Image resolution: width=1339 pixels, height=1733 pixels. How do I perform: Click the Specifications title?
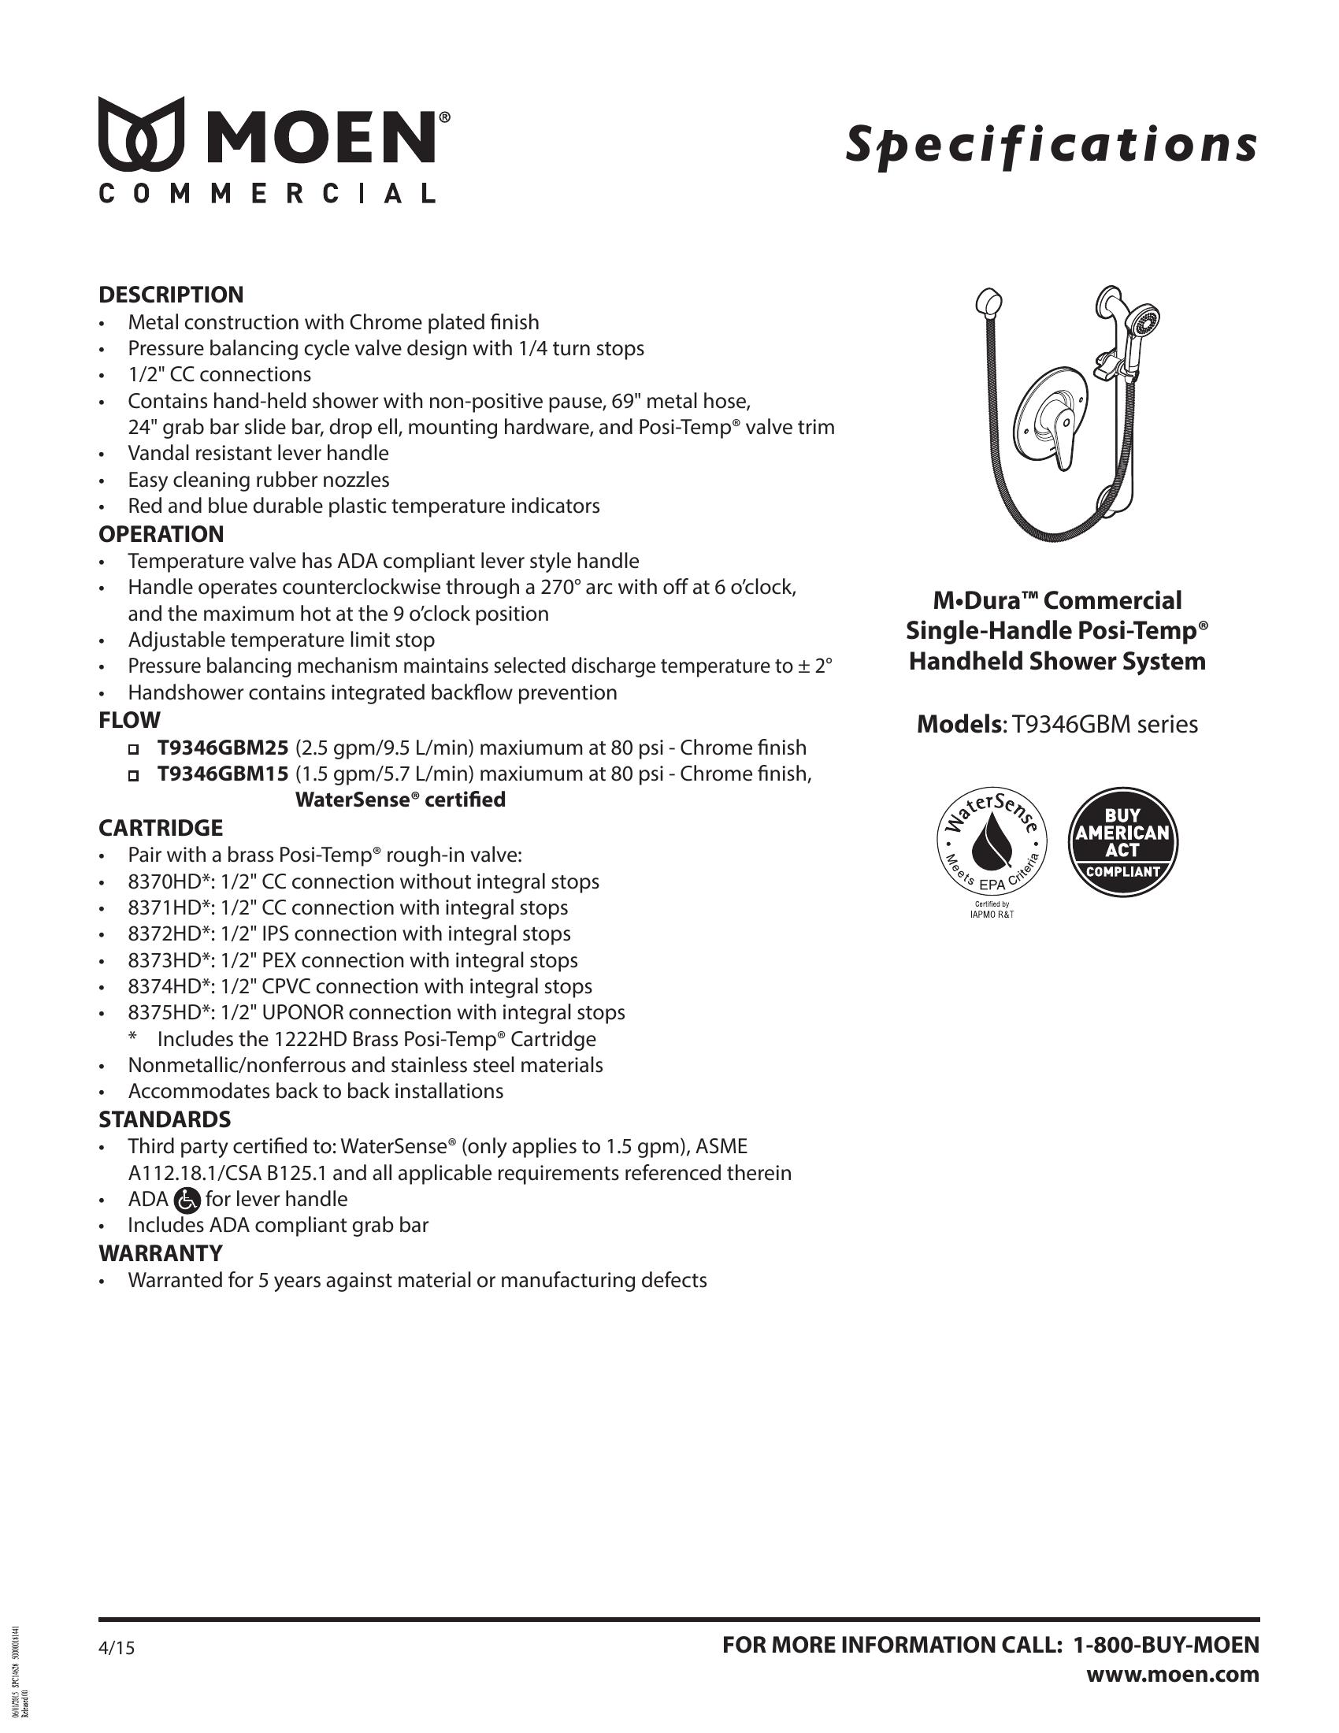[1051, 144]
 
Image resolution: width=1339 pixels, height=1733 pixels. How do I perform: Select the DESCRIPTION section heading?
[171, 295]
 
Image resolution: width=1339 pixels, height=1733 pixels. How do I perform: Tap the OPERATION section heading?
[161, 534]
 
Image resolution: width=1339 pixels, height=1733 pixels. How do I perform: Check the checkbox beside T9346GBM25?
[134, 748]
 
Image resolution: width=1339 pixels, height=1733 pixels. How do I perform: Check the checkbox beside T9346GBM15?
[134, 774]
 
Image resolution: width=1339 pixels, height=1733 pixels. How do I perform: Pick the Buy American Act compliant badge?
[1122, 844]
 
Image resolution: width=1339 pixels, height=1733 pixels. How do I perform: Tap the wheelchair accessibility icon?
[187, 1200]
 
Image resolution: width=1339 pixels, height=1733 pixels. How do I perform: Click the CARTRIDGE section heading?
[160, 828]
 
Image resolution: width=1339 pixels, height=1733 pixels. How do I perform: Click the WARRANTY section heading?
[160, 1253]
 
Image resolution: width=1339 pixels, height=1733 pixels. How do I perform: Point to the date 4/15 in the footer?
[117, 1648]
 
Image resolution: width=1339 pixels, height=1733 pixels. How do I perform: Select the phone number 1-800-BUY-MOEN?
[1165, 1645]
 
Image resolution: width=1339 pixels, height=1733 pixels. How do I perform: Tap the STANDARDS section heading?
[164, 1119]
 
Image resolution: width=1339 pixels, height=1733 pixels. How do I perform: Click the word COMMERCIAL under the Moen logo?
[267, 195]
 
